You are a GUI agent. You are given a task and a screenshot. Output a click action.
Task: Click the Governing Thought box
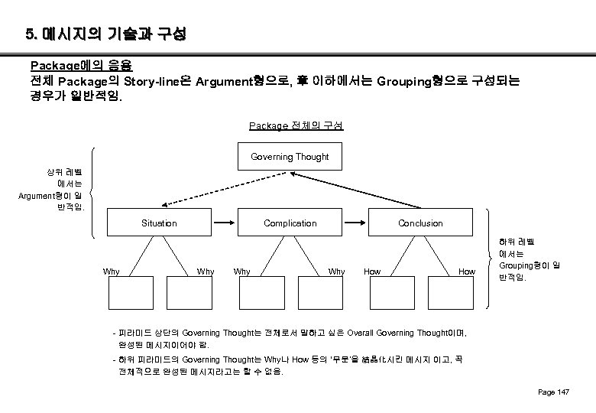tap(290, 157)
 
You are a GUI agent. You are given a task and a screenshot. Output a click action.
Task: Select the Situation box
tap(159, 223)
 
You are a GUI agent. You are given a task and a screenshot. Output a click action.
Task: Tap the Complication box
tap(290, 223)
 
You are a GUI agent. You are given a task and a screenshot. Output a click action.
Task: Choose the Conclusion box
tap(420, 223)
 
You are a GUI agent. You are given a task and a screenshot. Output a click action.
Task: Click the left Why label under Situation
tap(111, 272)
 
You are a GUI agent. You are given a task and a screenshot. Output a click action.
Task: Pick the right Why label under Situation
tap(205, 272)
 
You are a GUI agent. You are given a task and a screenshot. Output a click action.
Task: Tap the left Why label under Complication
tap(241, 272)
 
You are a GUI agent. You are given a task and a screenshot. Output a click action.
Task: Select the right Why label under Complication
tap(336, 272)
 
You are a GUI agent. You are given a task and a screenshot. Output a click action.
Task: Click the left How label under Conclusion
tap(372, 272)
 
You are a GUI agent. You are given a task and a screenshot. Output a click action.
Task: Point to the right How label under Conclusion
tap(466, 272)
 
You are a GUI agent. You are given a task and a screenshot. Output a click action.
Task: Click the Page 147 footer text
tap(554, 392)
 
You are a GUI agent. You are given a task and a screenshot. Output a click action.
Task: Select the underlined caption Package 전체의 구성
tap(296, 125)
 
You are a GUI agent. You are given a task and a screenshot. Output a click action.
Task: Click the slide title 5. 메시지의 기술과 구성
tap(105, 34)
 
